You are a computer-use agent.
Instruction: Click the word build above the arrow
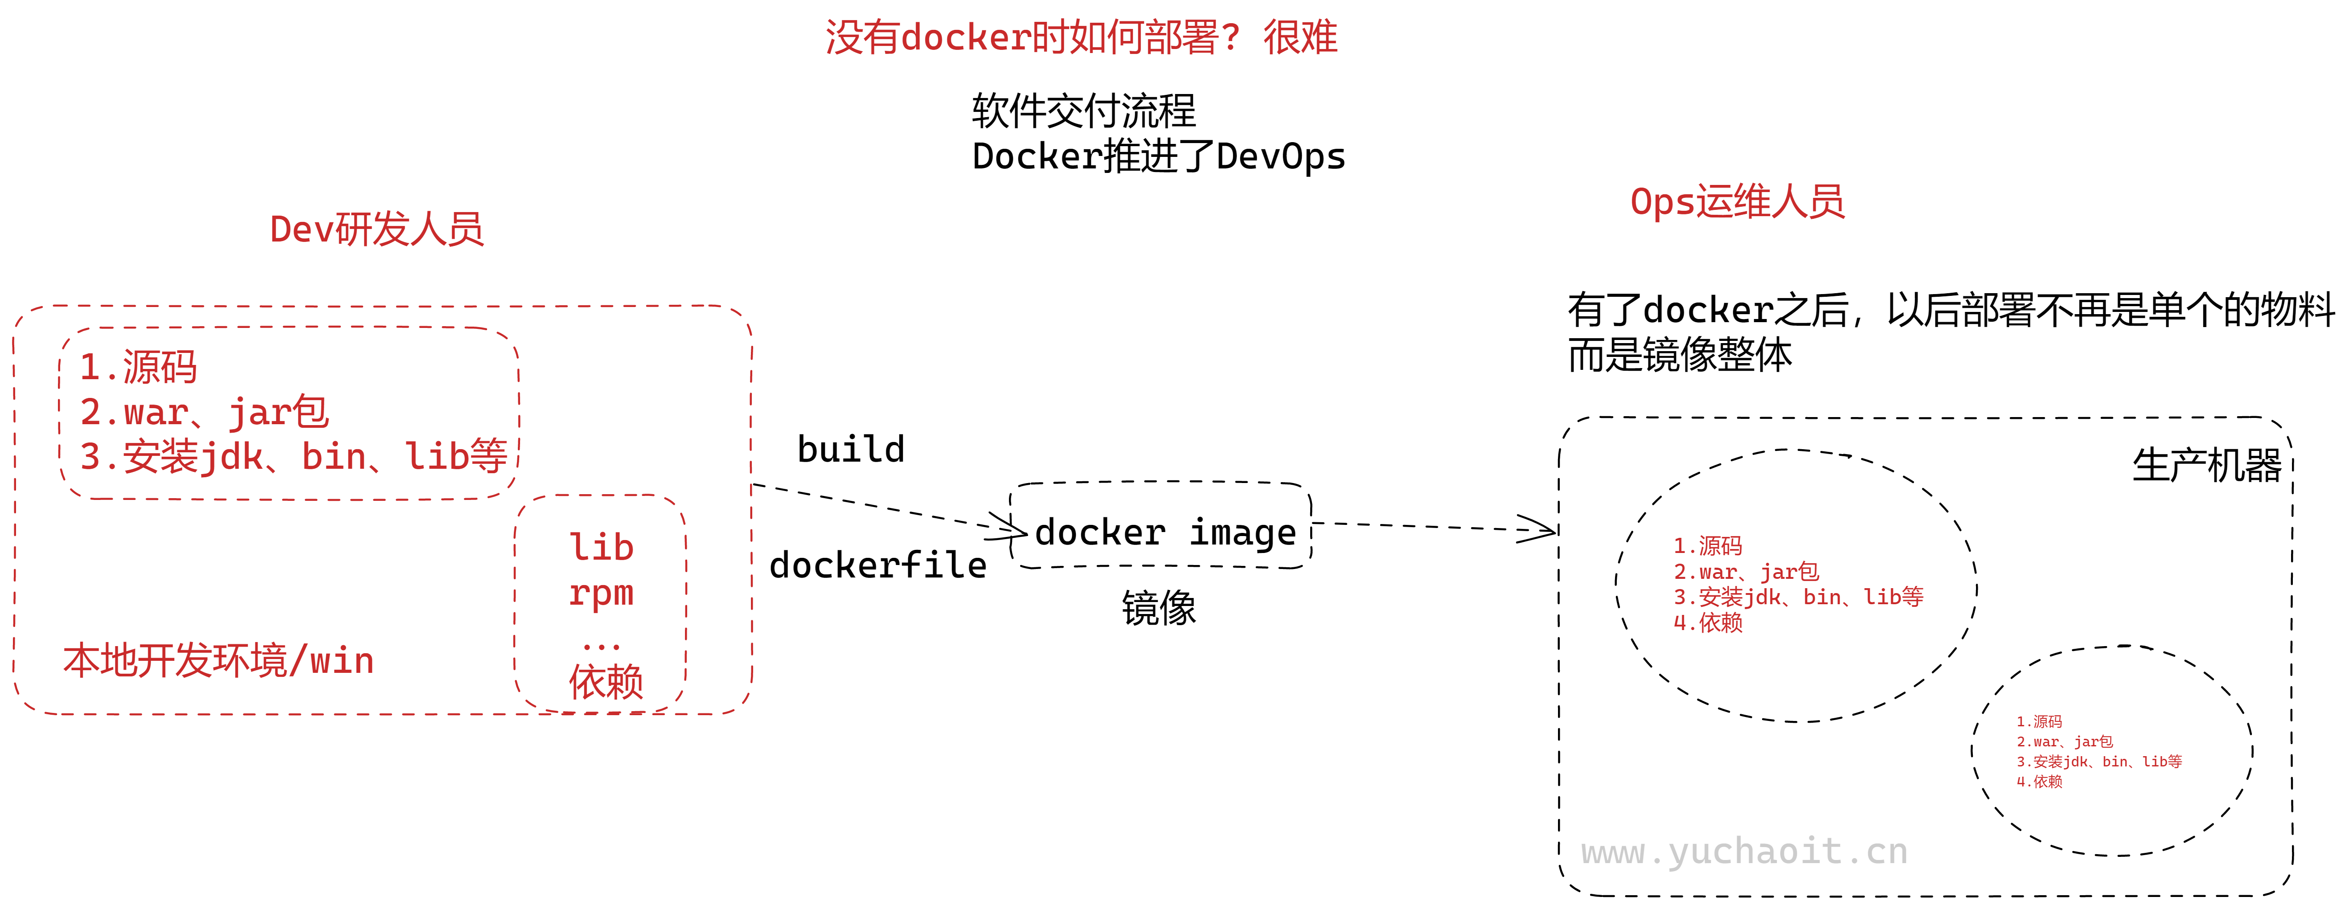tap(851, 450)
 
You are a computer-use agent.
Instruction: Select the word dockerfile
tap(877, 565)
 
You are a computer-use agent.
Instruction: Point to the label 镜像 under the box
tap(1158, 608)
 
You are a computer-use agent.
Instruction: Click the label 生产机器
tap(2206, 466)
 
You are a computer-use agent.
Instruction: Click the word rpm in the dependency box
tap(601, 593)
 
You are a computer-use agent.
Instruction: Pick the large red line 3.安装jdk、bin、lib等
tap(293, 456)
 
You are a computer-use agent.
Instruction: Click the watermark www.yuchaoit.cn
tap(1743, 852)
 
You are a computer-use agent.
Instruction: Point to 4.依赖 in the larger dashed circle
tap(1708, 623)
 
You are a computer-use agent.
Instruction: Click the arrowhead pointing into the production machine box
tap(1541, 530)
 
